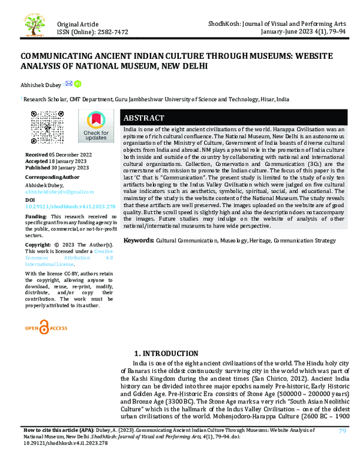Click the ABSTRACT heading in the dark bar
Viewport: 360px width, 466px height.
[143, 118]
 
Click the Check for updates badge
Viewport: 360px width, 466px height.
[96, 127]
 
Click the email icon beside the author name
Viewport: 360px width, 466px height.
[68, 83]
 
